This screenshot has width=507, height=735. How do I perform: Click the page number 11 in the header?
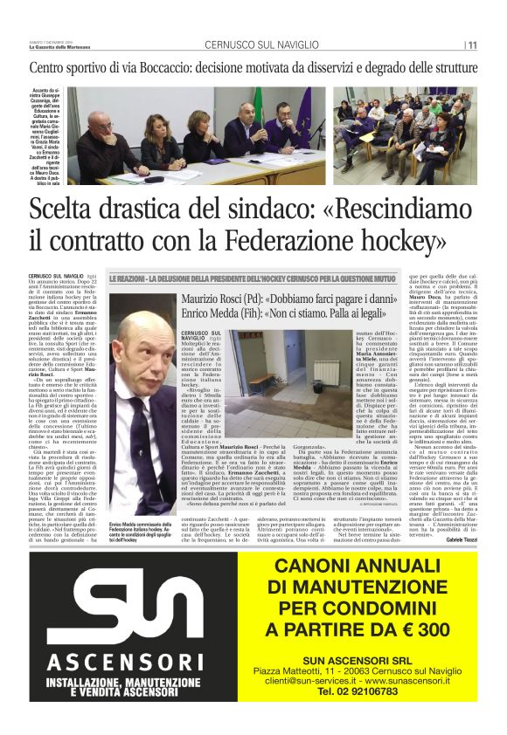pos(472,45)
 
